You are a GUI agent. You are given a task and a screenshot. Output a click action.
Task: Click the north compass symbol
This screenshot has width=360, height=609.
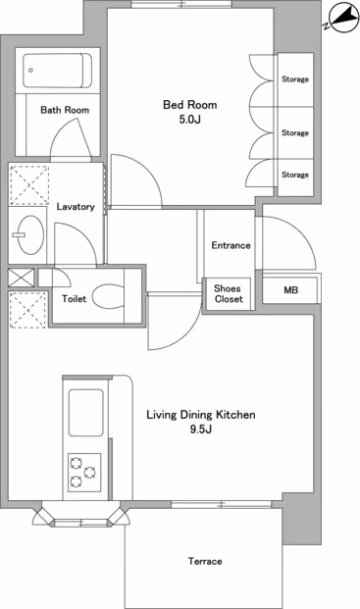click(x=343, y=18)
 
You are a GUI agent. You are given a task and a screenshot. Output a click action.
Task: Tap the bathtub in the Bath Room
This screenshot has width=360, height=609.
click(x=58, y=71)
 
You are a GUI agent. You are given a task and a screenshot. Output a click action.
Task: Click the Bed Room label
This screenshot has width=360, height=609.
click(x=189, y=105)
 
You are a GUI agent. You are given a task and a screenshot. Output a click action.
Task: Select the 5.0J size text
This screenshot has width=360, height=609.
click(x=190, y=120)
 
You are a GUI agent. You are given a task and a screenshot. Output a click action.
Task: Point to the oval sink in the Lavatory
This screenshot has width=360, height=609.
click(x=30, y=235)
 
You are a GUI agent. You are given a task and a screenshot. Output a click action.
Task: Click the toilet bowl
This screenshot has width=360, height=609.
click(x=108, y=297)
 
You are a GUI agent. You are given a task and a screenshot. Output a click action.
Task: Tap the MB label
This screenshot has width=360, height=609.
click(x=291, y=290)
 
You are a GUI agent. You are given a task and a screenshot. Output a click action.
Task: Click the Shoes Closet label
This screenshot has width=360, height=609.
click(x=229, y=293)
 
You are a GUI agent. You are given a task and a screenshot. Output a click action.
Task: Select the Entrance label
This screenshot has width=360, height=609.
click(x=231, y=245)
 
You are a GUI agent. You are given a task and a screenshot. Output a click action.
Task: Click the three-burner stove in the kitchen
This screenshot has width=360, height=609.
click(x=84, y=473)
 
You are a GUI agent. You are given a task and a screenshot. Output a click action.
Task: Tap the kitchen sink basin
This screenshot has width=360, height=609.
click(x=85, y=413)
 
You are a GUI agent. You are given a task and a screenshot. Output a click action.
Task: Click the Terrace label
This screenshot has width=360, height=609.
click(x=205, y=561)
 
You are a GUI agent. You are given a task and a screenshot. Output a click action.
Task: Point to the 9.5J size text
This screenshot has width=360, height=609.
click(x=201, y=430)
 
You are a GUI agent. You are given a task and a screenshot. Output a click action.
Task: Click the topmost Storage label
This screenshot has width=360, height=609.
click(x=295, y=79)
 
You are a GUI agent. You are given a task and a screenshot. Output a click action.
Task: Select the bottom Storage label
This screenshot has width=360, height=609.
click(x=295, y=175)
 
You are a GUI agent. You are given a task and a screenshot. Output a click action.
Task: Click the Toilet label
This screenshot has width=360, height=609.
click(x=75, y=299)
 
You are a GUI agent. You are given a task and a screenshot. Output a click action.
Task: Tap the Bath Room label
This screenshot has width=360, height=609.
click(x=65, y=110)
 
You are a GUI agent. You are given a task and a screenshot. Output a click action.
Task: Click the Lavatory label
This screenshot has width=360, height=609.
click(x=76, y=207)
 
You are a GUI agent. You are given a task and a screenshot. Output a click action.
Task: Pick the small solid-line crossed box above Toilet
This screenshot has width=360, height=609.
click(x=22, y=278)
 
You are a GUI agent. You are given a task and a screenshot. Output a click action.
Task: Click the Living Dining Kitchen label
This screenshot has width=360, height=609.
click(x=201, y=415)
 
